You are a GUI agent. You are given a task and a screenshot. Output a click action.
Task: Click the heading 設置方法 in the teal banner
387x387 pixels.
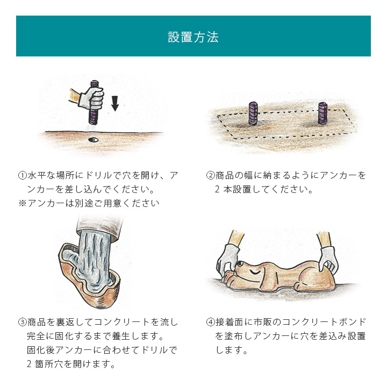tap(193, 37)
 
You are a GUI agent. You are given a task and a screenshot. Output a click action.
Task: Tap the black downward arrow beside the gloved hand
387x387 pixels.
tap(114, 103)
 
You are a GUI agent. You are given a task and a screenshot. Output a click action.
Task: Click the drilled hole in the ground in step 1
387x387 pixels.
tap(93, 140)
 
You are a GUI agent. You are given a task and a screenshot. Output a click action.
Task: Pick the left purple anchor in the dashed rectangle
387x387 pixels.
tap(253, 113)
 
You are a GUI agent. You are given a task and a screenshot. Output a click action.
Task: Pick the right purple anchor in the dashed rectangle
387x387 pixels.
tap(322, 113)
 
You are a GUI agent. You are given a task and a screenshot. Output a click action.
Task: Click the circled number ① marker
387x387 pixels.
tap(22, 176)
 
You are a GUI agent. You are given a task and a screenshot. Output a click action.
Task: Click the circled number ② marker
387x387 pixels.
tap(211, 176)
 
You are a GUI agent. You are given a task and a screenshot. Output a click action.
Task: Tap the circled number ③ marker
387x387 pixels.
tap(22, 322)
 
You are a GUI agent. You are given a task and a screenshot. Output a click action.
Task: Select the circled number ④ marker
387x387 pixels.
tap(211, 322)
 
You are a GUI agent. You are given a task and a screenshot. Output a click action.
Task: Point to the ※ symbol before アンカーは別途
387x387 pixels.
tap(22, 203)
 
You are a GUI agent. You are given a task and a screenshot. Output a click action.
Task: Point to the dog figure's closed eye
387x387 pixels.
tap(256, 272)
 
